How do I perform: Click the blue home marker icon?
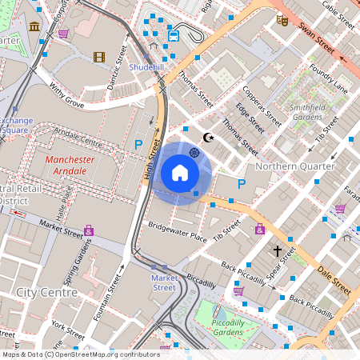tap(180, 172)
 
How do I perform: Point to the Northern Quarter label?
tap(293, 166)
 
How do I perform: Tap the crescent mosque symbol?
tap(210, 138)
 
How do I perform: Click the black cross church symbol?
tap(278, 250)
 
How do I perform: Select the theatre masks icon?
tap(281, 19)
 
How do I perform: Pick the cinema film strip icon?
tap(98, 57)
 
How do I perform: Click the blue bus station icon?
tap(174, 34)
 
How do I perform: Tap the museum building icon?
tap(35, 28)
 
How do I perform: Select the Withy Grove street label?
tap(66, 95)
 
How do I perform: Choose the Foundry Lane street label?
tap(328, 78)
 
